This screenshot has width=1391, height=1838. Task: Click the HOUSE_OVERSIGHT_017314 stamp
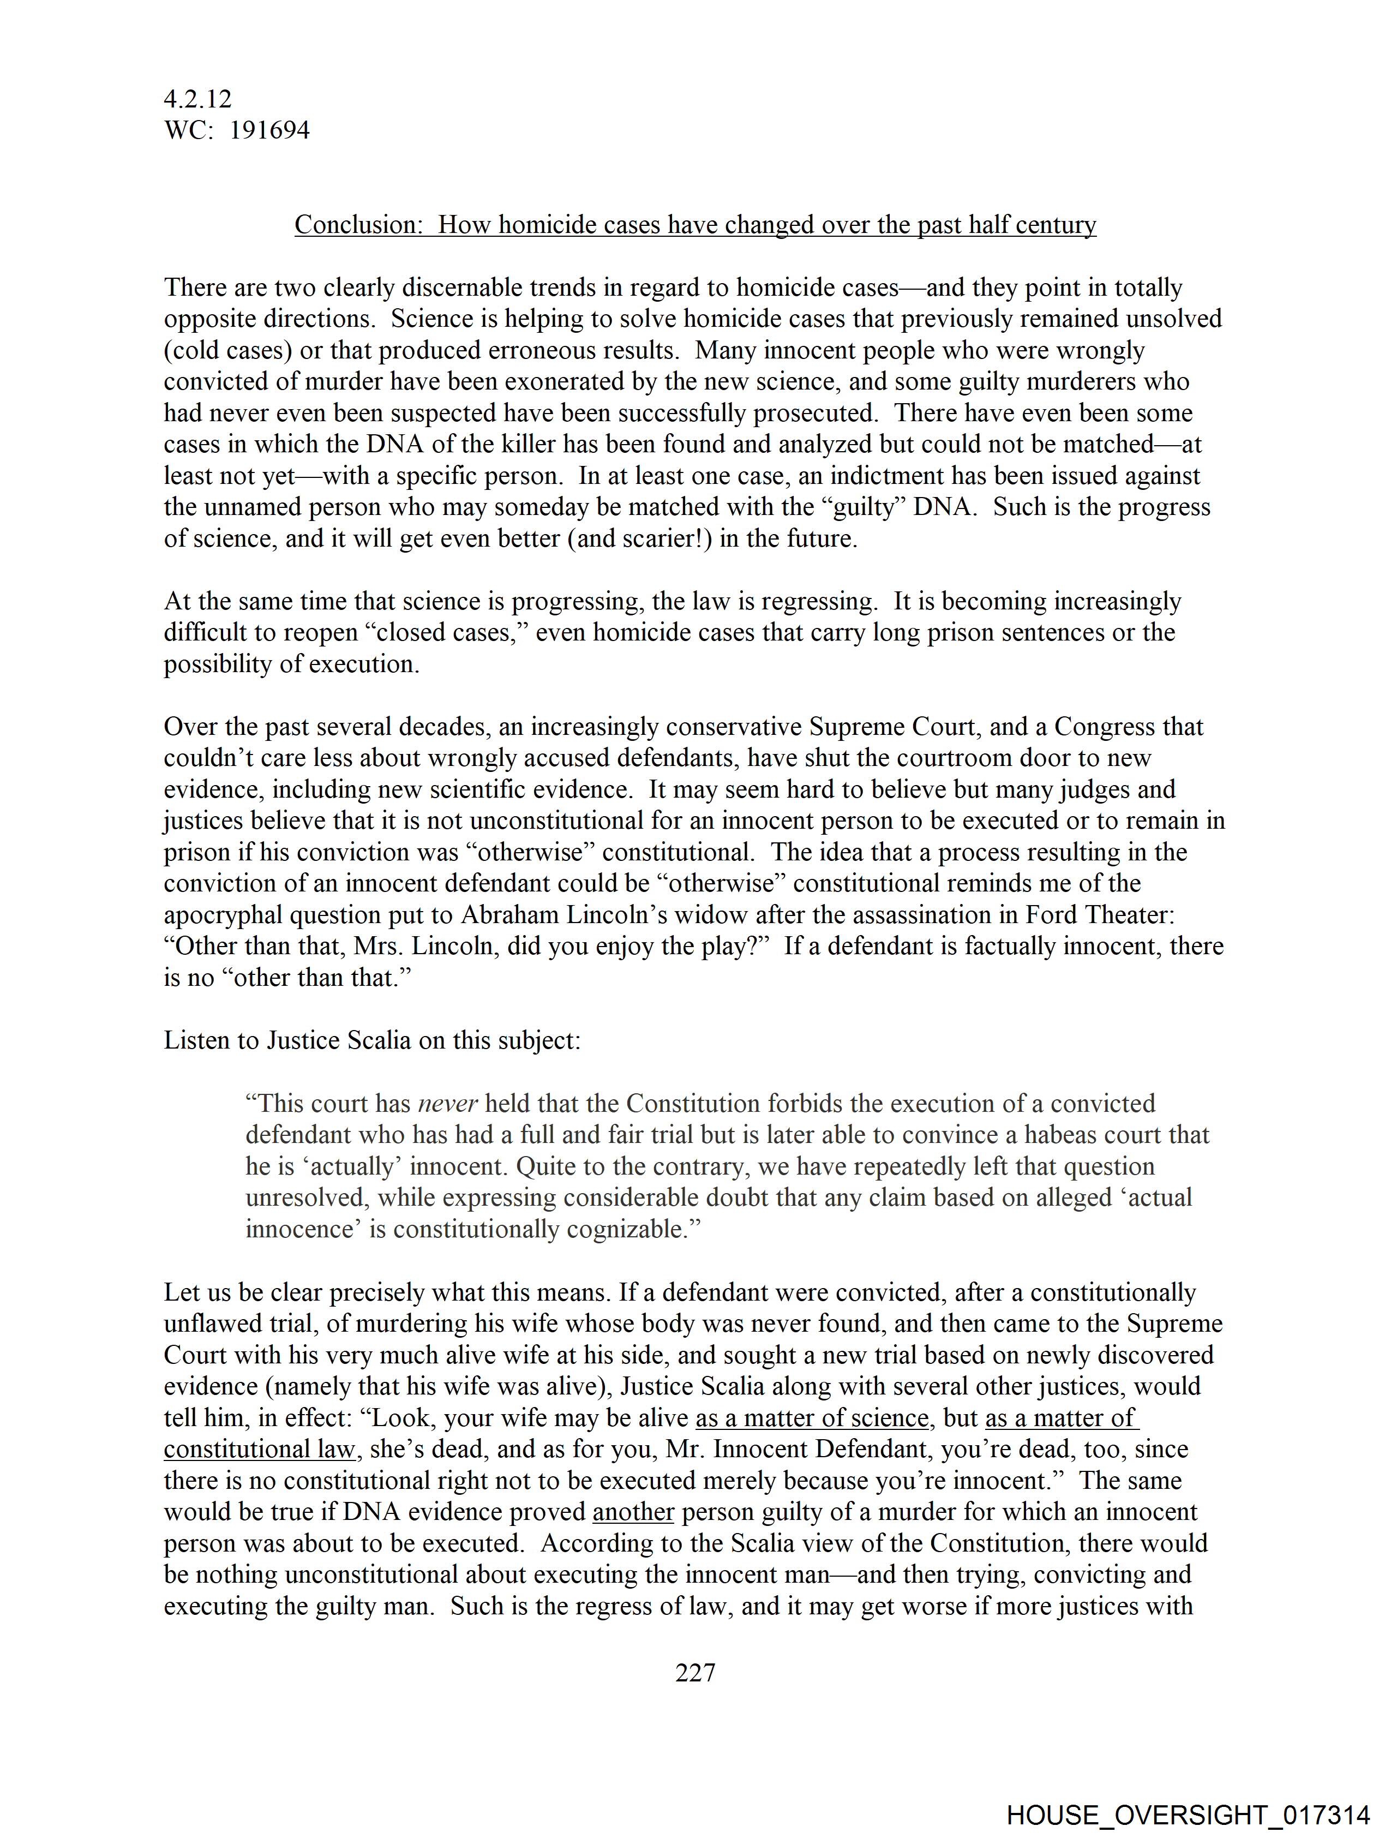pos(1188,1814)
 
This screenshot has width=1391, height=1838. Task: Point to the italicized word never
pos(447,1104)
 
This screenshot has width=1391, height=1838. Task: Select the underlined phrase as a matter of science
pos(812,1417)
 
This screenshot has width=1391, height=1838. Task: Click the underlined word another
pos(632,1511)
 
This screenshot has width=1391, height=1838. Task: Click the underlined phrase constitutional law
pos(259,1449)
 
